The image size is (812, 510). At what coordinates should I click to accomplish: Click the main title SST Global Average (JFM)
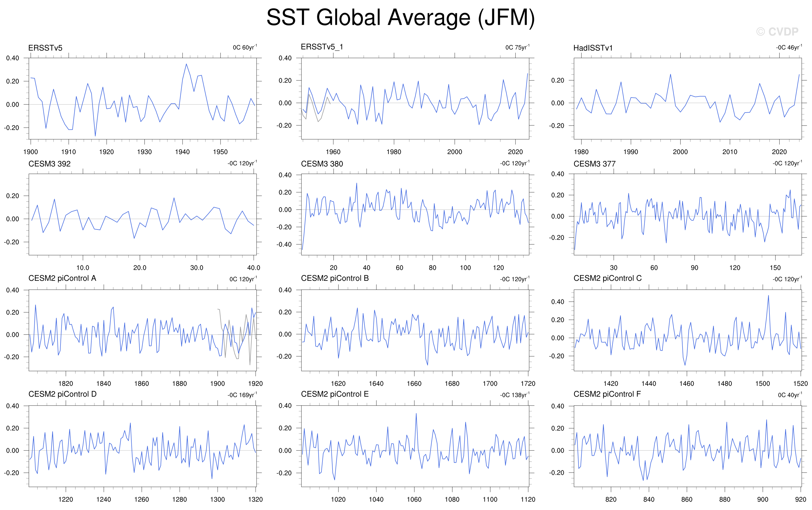[x=401, y=17]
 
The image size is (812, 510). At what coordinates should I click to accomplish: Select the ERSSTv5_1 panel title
[x=322, y=47]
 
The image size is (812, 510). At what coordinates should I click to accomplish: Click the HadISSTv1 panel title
[x=593, y=48]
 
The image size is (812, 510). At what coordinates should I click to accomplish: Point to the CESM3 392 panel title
[x=50, y=164]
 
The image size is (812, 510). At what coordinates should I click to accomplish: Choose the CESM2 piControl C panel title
[x=607, y=278]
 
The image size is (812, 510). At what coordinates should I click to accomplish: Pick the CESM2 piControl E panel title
[x=335, y=394]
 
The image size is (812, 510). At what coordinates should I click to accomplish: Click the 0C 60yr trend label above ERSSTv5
[x=245, y=47]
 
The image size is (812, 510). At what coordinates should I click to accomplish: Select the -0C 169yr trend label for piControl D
[x=242, y=395]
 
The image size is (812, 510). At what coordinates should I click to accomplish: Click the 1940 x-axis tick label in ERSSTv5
[x=182, y=152]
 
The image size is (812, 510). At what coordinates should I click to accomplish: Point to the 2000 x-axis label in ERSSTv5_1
[x=455, y=152]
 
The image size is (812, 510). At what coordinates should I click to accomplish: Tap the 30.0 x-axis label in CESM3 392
[x=197, y=268]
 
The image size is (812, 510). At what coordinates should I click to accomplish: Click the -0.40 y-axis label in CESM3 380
[x=284, y=244]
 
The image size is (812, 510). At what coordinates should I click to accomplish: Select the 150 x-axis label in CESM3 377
[x=775, y=268]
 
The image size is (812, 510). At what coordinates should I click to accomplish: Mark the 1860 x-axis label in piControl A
[x=141, y=384]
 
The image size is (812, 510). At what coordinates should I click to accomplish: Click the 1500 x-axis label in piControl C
[x=762, y=384]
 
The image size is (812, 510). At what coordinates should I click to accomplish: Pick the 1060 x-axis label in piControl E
[x=414, y=499]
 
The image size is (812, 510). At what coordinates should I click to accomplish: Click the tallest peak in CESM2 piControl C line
[x=768, y=295]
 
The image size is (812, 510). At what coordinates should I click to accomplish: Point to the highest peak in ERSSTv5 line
[x=186, y=64]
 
